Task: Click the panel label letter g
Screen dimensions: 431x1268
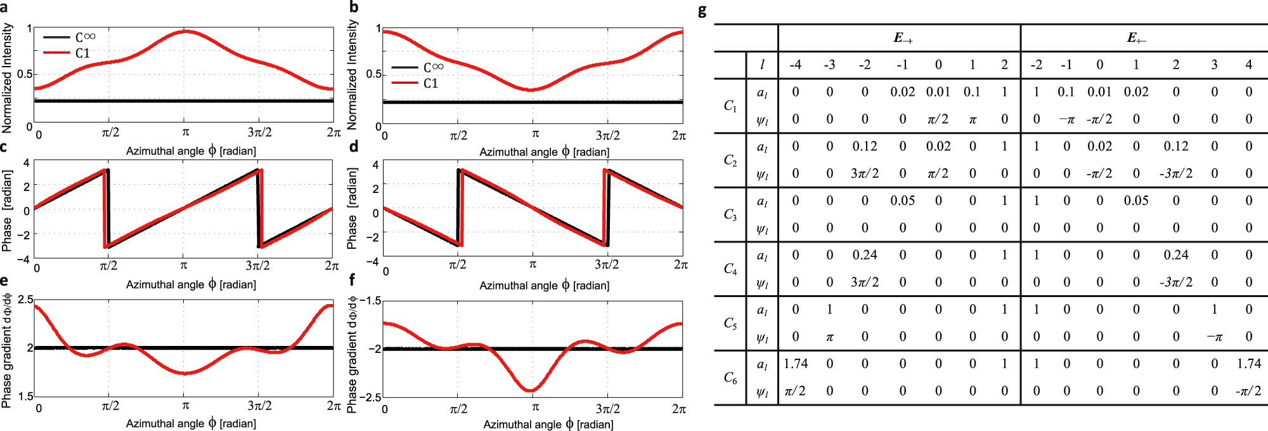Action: [x=702, y=11]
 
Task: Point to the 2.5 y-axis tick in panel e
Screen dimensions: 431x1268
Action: [x=25, y=300]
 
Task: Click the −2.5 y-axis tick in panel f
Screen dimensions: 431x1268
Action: [x=370, y=397]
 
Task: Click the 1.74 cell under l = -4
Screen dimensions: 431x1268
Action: [x=795, y=364]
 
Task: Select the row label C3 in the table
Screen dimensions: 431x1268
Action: [x=730, y=215]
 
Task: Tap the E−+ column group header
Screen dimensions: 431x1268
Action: [x=903, y=38]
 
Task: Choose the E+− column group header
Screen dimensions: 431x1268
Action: [x=1135, y=38]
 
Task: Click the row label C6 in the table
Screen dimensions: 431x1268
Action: [x=730, y=378]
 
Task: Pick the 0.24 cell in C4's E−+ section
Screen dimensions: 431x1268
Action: [x=864, y=255]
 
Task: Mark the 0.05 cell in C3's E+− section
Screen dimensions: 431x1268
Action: [x=1135, y=201]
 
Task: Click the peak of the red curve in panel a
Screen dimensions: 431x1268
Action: [x=185, y=31]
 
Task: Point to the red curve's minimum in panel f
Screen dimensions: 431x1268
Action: [x=531, y=390]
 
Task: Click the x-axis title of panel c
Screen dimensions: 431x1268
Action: [x=191, y=284]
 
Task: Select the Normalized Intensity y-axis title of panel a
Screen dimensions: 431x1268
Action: [x=8, y=78]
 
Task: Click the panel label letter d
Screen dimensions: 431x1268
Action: [x=354, y=147]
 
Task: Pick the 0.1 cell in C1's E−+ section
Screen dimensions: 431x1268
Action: [x=971, y=92]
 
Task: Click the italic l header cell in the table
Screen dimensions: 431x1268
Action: [x=762, y=65]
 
